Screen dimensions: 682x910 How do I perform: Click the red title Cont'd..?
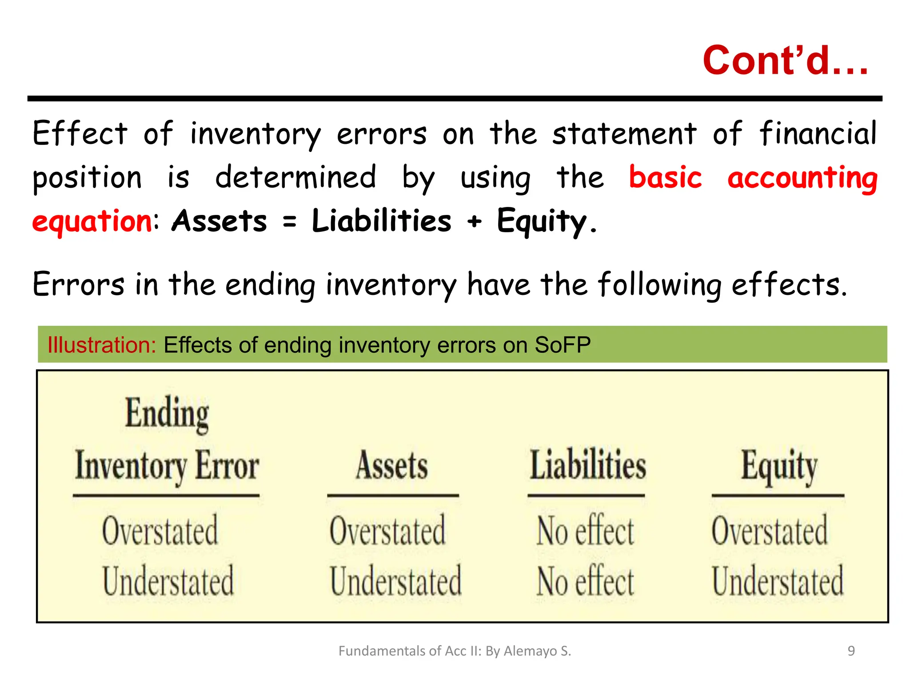[785, 60]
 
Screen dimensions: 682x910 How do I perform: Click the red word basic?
[665, 177]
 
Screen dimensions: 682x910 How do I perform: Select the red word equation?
[92, 221]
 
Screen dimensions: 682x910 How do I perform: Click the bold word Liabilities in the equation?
[381, 221]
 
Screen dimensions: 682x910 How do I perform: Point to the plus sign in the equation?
[474, 221]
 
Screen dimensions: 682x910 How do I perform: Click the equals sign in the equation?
[289, 221]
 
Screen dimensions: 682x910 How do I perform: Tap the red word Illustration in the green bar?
[102, 345]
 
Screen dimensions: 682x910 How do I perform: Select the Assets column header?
[392, 465]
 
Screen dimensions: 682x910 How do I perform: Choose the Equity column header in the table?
[779, 466]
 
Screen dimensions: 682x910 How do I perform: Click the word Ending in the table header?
[167, 414]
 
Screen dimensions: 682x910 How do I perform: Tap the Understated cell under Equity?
[778, 581]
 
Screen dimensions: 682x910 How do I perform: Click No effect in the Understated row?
[585, 581]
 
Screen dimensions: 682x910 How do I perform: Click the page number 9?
[851, 651]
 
